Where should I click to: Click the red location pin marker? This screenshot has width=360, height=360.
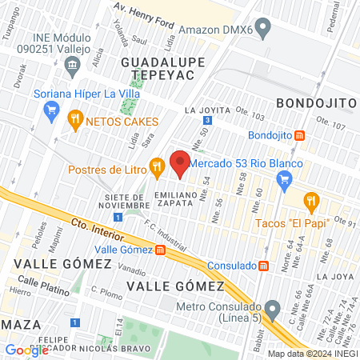coord(180,162)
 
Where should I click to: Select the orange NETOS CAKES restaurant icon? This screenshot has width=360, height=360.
coord(75,121)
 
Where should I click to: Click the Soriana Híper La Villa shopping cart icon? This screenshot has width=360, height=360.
coord(52,110)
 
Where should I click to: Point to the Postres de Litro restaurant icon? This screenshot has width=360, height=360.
coord(157,168)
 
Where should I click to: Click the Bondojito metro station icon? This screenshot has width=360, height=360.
coord(299,136)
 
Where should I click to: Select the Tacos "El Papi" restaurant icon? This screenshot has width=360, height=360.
coord(310,200)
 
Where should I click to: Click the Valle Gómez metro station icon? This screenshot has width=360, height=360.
coord(160,250)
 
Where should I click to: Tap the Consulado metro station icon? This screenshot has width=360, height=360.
coord(264,266)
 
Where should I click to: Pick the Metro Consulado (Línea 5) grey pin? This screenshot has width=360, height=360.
coord(273,308)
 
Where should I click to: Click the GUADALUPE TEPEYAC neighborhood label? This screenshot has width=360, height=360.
coord(158,69)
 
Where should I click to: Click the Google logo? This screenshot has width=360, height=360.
coord(26,350)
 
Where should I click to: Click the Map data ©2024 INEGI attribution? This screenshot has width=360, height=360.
coord(311,354)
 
